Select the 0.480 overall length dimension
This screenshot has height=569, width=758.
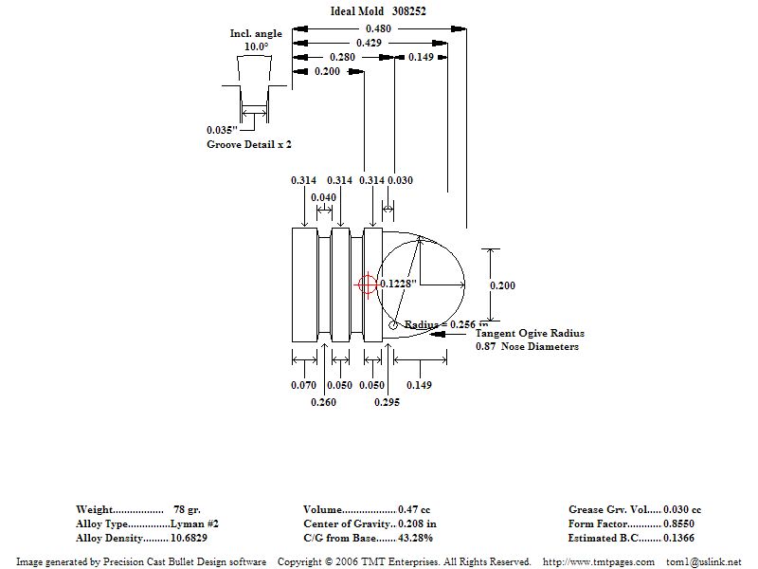click(379, 28)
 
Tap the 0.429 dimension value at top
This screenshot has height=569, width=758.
click(369, 43)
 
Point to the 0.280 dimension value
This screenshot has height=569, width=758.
click(342, 57)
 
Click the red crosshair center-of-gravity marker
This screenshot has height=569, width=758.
click(367, 284)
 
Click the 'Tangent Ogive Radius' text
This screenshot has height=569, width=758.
click(530, 334)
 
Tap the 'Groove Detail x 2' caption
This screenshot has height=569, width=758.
click(249, 144)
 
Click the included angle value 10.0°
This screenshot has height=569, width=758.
click(256, 46)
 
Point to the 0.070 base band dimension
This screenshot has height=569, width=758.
click(303, 385)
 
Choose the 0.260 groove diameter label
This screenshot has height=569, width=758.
click(323, 402)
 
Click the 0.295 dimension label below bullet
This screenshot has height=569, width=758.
click(387, 402)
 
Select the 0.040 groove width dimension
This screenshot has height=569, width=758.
click(323, 197)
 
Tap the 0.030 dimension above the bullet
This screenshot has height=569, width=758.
click(400, 180)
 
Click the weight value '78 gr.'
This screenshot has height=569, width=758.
click(187, 509)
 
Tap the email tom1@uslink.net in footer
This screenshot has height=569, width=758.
click(704, 561)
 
